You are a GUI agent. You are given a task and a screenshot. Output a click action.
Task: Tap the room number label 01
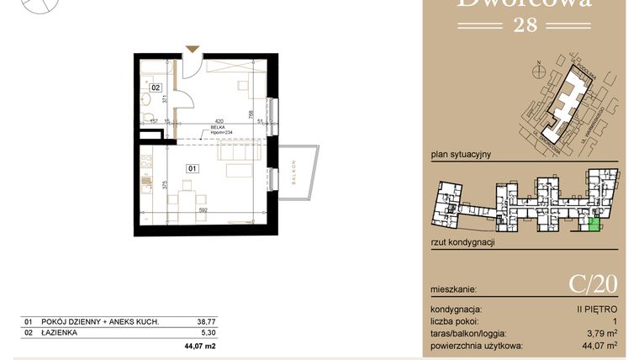coord(192,168)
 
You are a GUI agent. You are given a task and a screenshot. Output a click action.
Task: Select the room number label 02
coord(156,87)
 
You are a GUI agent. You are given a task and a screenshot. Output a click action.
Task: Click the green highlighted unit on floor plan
coord(594,223)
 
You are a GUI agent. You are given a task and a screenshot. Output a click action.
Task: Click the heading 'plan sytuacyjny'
coord(460,155)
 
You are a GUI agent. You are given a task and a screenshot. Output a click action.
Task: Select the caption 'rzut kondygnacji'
coord(462,241)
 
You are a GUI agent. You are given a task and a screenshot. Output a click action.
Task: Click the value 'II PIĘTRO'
coord(599,310)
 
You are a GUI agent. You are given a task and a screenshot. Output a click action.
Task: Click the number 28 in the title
coord(525,24)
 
